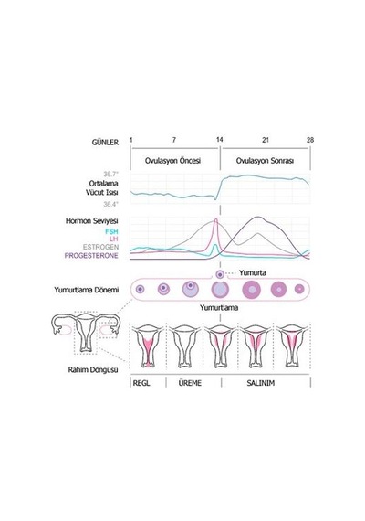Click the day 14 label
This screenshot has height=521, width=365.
click(x=220, y=140)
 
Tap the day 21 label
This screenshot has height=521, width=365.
click(x=266, y=140)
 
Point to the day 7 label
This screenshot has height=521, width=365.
click(x=174, y=140)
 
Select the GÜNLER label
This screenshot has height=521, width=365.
click(x=105, y=143)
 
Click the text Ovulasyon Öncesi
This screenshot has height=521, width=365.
click(x=172, y=161)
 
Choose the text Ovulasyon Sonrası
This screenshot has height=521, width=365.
click(x=265, y=161)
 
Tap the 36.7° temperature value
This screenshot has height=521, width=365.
click(x=110, y=174)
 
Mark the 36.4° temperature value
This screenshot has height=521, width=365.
click(x=110, y=204)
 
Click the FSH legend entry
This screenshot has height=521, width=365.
click(x=111, y=231)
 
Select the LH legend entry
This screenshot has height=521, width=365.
click(x=113, y=239)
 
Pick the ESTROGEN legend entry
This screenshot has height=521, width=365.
click(x=100, y=247)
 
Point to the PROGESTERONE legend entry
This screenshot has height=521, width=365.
click(x=91, y=256)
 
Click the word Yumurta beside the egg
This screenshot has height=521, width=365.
click(x=253, y=272)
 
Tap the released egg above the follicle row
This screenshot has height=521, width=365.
click(x=220, y=274)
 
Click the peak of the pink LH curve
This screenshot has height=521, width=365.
click(x=216, y=218)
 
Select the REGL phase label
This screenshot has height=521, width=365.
click(x=141, y=383)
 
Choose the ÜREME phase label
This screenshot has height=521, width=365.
click(x=190, y=383)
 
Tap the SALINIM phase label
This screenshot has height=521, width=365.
click(x=261, y=383)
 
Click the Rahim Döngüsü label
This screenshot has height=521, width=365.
click(x=93, y=369)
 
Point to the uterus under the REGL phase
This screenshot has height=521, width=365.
click(x=148, y=346)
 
